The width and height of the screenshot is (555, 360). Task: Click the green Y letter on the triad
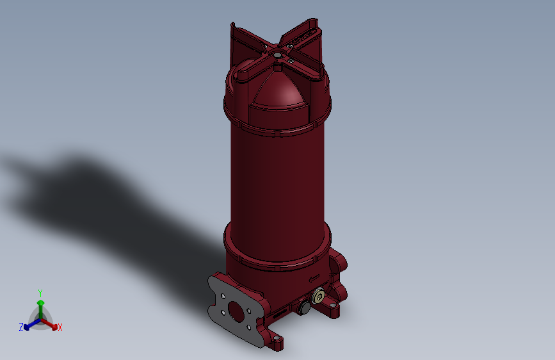[x=40, y=291]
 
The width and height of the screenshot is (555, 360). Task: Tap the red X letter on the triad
[x=60, y=328]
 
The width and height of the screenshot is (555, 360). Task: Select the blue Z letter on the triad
[x=21, y=327]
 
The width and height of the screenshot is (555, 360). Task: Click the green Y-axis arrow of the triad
[x=40, y=304]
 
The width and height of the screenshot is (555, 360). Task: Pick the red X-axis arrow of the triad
[x=52, y=325]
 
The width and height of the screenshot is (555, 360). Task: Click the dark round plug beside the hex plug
[x=304, y=308]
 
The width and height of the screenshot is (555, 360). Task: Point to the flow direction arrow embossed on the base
[x=314, y=278]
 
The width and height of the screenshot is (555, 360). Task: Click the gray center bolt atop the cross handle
[x=277, y=56]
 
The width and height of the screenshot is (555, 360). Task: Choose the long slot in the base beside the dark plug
[x=280, y=313]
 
